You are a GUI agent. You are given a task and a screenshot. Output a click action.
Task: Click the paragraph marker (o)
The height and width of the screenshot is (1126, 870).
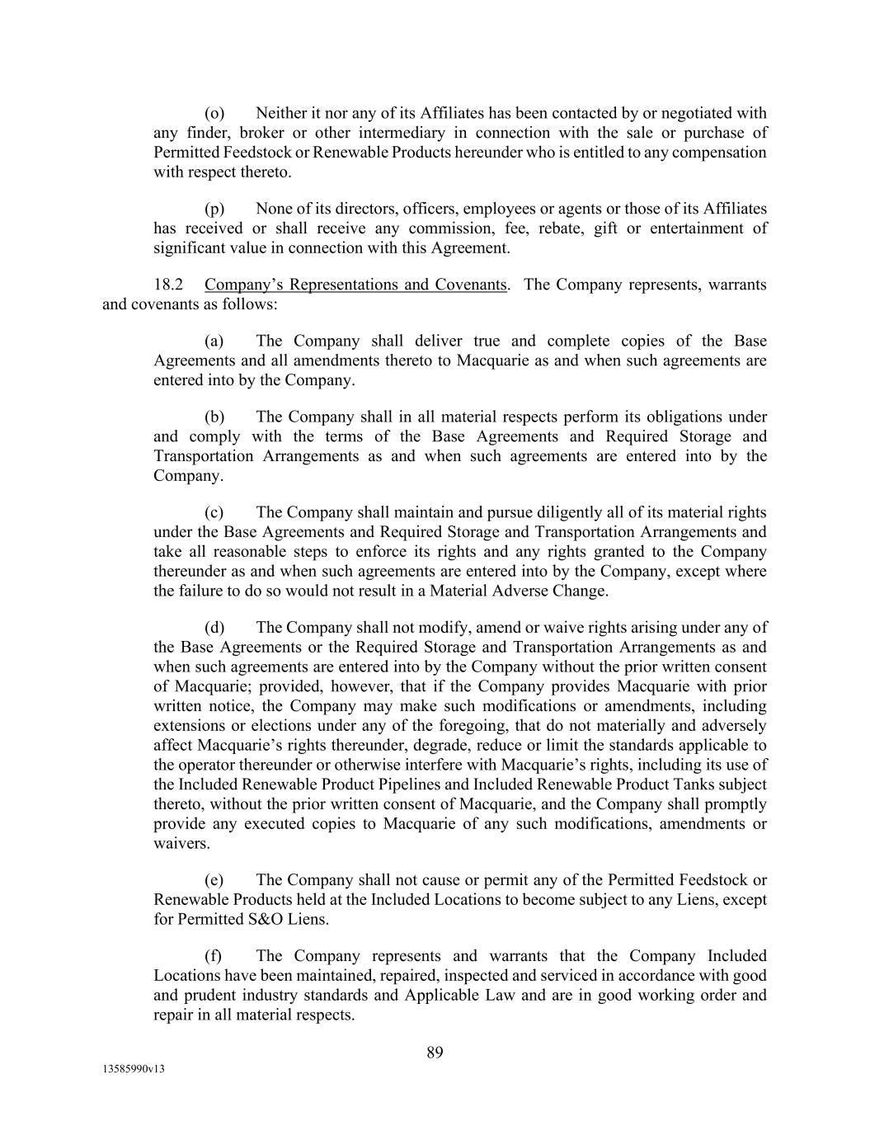(214, 113)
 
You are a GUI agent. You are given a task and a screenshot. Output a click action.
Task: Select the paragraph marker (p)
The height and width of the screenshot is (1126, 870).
(214, 209)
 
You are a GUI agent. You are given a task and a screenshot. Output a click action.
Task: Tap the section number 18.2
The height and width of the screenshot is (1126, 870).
(168, 285)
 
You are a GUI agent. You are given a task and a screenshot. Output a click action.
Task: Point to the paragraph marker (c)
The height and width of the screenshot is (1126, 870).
(214, 512)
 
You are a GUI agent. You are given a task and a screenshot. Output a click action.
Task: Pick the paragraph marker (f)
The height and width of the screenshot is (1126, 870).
(214, 956)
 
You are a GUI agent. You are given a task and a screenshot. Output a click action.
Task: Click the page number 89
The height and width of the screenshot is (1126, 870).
(435, 1052)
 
